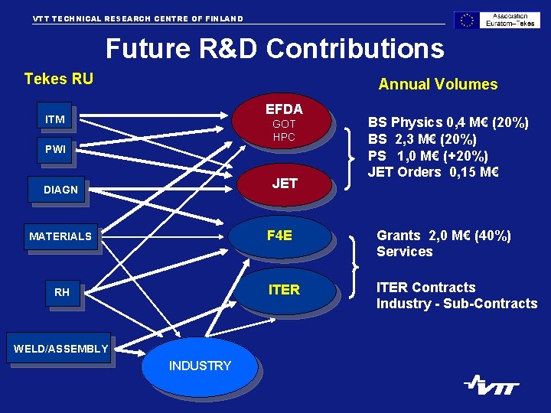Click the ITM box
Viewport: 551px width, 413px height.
click(x=55, y=119)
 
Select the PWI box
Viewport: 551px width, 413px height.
click(x=55, y=150)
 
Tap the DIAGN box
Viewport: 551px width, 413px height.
click(x=60, y=190)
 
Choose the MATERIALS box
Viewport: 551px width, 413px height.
click(x=60, y=236)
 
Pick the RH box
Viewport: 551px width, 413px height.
click(x=62, y=292)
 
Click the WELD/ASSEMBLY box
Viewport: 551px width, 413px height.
click(x=61, y=350)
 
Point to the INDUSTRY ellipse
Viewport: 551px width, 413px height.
click(x=200, y=366)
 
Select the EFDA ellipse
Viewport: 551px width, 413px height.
click(x=284, y=122)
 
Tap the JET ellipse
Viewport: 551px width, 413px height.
click(x=284, y=184)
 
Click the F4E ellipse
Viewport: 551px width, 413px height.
click(x=280, y=236)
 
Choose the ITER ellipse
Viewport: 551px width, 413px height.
click(x=284, y=290)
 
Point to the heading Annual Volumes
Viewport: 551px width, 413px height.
click(x=438, y=84)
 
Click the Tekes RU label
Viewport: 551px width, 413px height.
click(x=59, y=79)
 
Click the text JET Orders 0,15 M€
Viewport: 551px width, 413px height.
click(x=433, y=172)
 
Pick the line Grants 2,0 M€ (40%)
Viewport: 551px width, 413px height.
click(x=444, y=236)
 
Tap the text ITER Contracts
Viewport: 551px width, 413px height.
click(x=425, y=288)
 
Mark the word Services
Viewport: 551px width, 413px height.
click(x=404, y=252)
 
